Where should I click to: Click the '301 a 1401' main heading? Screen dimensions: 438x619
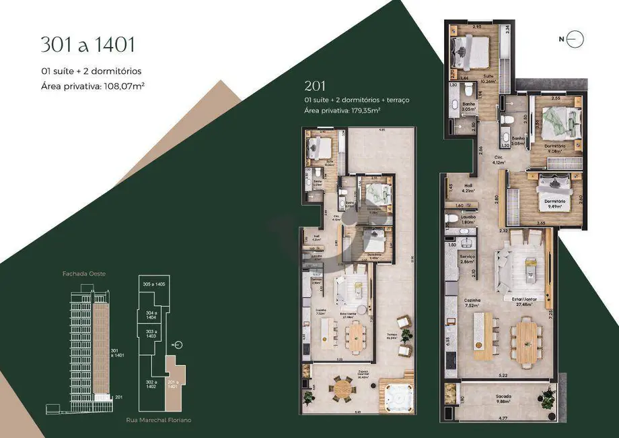88,44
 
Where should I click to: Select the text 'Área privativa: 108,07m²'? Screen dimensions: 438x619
94,86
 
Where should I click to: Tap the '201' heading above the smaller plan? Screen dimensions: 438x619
315,86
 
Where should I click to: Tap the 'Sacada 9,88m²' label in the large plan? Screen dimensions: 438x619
503,400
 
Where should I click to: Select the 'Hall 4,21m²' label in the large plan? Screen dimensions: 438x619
467,188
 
